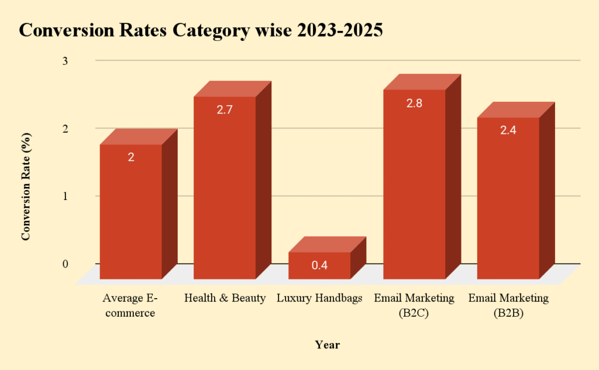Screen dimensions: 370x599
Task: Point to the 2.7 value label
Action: pyautogui.click(x=225, y=109)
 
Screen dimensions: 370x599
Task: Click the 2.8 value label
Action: pyautogui.click(x=414, y=103)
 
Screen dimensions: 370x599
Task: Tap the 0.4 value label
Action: pyautogui.click(x=319, y=265)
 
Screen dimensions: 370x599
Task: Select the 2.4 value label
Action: pyautogui.click(x=508, y=130)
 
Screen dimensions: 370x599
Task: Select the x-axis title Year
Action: pyautogui.click(x=327, y=345)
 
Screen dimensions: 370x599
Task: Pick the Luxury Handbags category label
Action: pyautogui.click(x=319, y=298)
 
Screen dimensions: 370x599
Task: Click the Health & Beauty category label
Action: pyautogui.click(x=225, y=298)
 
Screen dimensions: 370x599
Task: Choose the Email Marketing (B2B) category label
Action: pyautogui.click(x=508, y=305)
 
